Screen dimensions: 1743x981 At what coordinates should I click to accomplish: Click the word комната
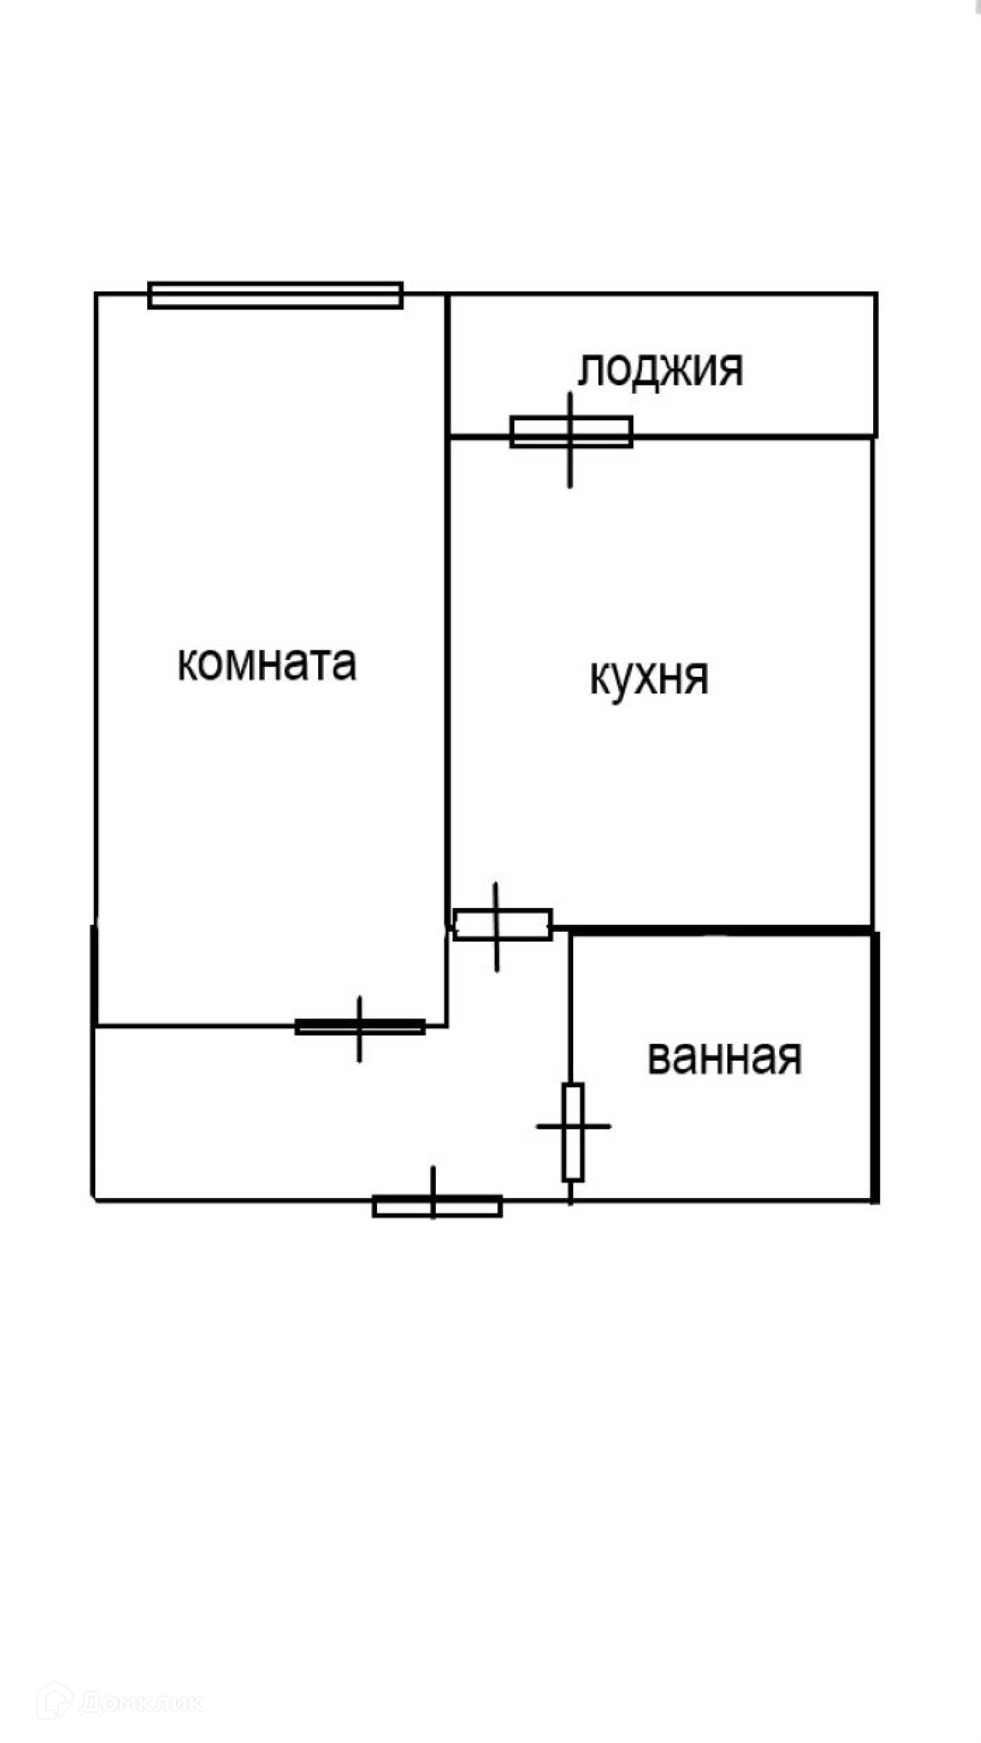pyautogui.click(x=267, y=664)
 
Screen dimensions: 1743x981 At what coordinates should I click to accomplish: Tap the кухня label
pyautogui.click(x=649, y=677)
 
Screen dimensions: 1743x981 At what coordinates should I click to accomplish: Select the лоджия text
pyautogui.click(x=660, y=370)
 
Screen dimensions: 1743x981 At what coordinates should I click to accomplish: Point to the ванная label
pyautogui.click(x=725, y=1058)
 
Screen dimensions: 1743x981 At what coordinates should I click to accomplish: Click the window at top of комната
pyautogui.click(x=275, y=296)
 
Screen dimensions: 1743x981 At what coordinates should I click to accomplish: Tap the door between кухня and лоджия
pyautogui.click(x=571, y=432)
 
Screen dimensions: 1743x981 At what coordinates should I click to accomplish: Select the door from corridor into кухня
pyautogui.click(x=502, y=925)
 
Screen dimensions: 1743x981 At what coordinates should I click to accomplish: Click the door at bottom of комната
pyautogui.click(x=360, y=1027)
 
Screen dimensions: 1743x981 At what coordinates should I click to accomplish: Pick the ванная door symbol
pyautogui.click(x=573, y=1127)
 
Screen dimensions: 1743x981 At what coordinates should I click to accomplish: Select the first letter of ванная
pyautogui.click(x=658, y=1059)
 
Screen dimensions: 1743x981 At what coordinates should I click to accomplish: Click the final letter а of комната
pyautogui.click(x=345, y=665)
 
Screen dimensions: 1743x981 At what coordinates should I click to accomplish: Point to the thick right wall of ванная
pyautogui.click(x=875, y=1069)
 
